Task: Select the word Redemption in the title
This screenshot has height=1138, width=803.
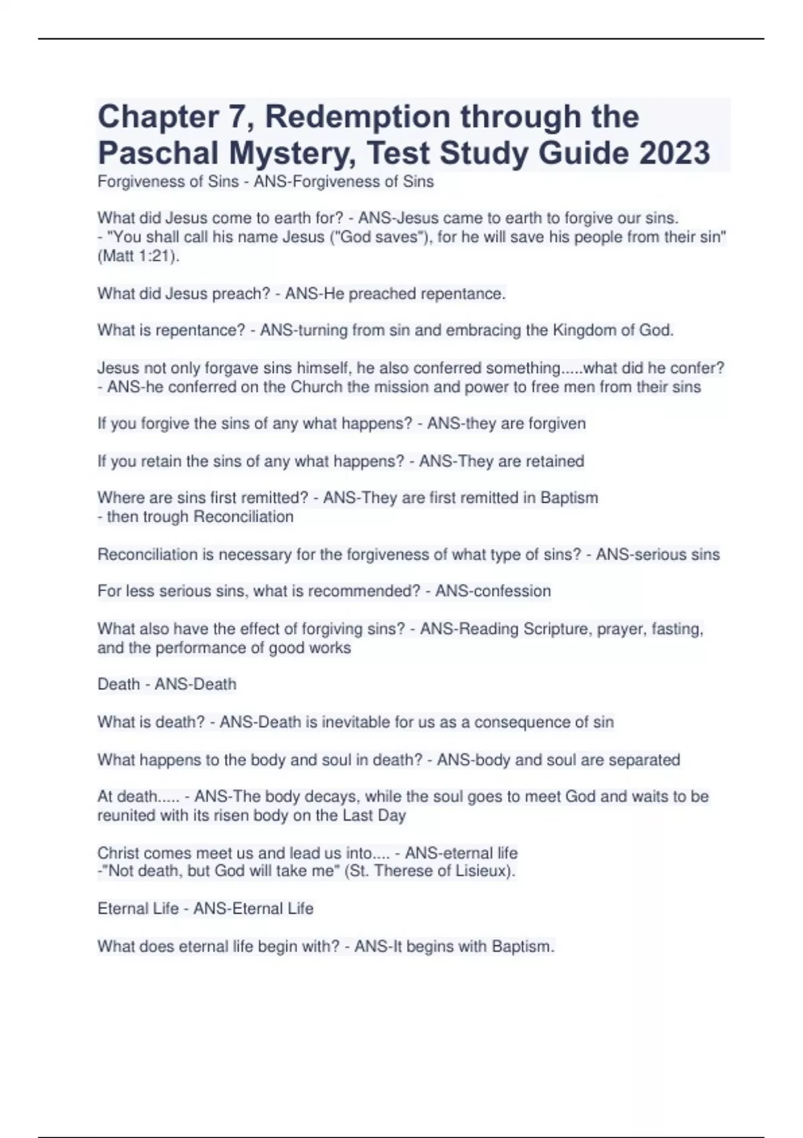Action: (x=357, y=116)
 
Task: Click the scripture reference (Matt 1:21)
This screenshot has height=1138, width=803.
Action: (x=139, y=256)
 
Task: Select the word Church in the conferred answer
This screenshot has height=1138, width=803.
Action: (x=316, y=387)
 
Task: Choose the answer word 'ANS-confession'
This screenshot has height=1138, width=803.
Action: (x=493, y=591)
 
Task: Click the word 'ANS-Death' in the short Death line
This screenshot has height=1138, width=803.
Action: (x=195, y=684)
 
